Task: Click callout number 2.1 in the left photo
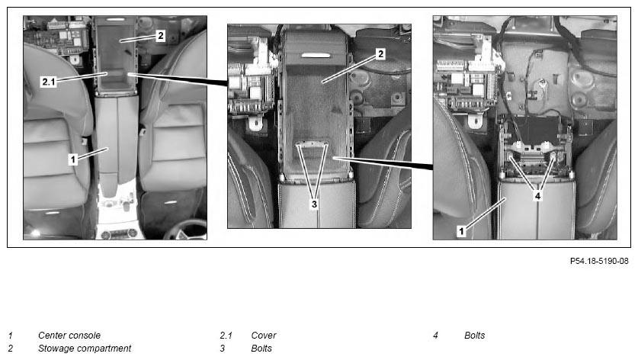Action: click(x=49, y=82)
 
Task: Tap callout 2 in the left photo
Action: click(x=161, y=36)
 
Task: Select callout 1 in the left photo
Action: click(x=73, y=159)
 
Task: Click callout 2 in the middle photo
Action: click(x=380, y=53)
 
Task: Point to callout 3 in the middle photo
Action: click(x=314, y=204)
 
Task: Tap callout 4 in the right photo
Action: click(x=537, y=196)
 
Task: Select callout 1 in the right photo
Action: click(x=461, y=231)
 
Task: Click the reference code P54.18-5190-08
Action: click(x=599, y=261)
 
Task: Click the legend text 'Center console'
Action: click(x=69, y=336)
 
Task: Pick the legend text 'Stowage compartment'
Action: click(x=85, y=349)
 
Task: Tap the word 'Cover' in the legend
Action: click(x=264, y=336)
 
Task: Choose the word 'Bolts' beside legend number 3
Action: click(x=261, y=349)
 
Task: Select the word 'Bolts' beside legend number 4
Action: click(x=475, y=336)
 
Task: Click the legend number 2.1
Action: click(x=226, y=336)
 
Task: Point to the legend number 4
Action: click(x=435, y=336)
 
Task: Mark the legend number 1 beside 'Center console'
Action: click(x=10, y=336)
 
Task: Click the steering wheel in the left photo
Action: click(x=186, y=230)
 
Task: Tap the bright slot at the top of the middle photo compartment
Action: click(x=316, y=56)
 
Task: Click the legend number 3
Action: click(x=222, y=349)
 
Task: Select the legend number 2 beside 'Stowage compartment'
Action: click(x=11, y=349)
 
